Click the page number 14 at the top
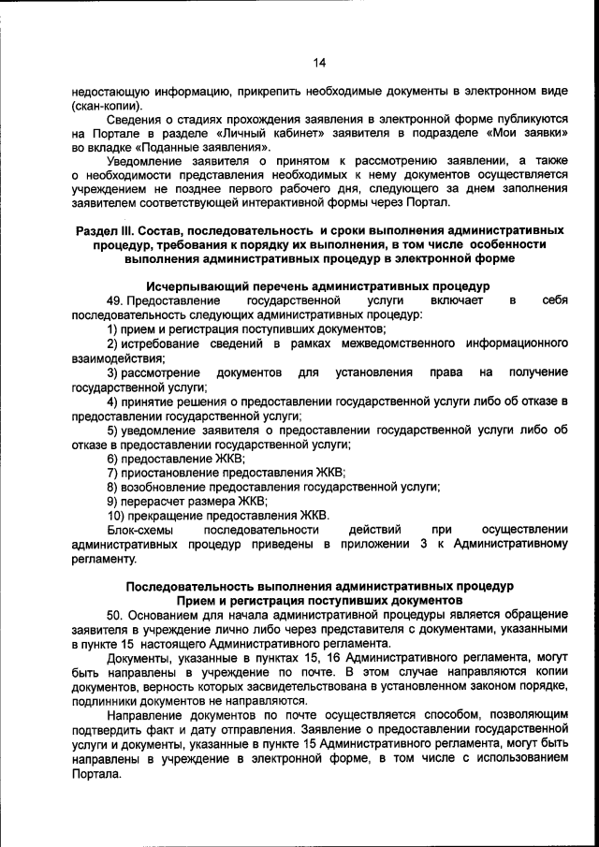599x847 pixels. pyautogui.click(x=319, y=63)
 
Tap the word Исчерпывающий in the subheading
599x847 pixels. pyautogui.click(x=195, y=285)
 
